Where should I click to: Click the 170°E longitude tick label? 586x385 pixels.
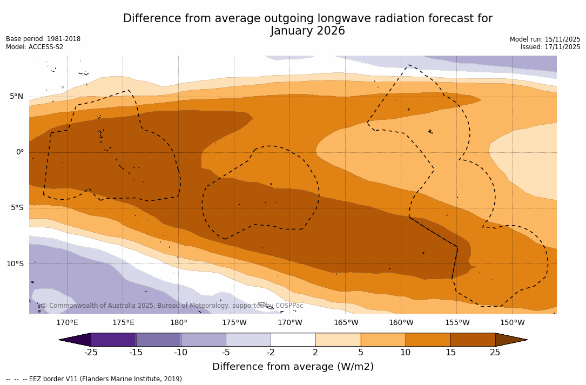67,323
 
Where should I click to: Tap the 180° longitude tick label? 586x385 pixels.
179,323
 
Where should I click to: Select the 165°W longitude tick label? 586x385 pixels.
346,323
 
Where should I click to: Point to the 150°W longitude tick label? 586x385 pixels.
512,323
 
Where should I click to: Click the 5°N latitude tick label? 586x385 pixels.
16,97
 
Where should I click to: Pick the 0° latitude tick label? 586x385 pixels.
20,152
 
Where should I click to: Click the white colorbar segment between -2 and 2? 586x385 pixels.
293,340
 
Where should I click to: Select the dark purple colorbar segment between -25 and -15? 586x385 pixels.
113,340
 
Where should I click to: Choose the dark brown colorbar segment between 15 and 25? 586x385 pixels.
473,340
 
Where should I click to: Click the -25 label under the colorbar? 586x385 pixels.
91,353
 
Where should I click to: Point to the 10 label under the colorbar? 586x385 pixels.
405,353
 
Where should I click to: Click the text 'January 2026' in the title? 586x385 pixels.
307,31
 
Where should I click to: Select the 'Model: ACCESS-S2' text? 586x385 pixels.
35,47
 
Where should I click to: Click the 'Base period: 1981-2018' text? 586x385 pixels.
43,39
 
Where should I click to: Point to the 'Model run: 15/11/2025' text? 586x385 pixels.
544,39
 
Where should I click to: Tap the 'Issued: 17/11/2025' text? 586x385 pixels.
550,47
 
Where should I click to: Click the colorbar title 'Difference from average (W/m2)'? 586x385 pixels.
293,367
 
